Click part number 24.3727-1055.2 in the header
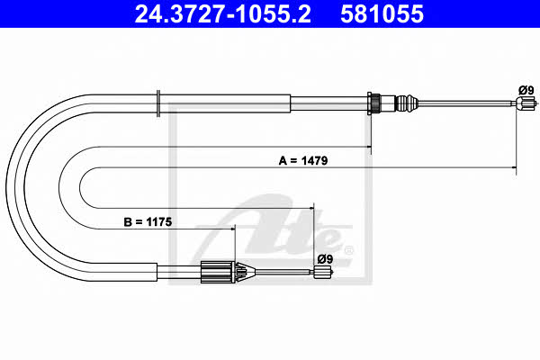(x=223, y=13)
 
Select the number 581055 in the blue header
(x=382, y=13)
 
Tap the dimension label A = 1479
(x=303, y=160)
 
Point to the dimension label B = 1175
(x=148, y=222)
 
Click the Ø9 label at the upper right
(x=526, y=90)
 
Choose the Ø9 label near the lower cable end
(x=325, y=258)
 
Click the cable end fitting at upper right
(x=526, y=103)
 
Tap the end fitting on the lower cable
(x=324, y=272)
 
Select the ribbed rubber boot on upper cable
(x=407, y=103)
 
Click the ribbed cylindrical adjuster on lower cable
(x=216, y=272)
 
